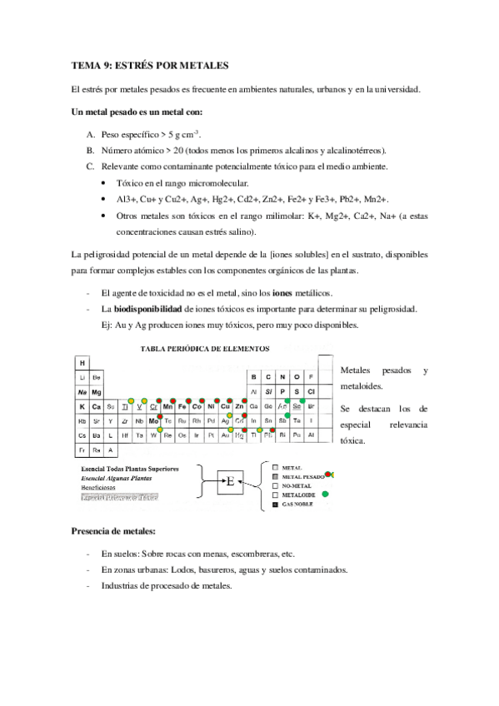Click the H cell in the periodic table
point(82,363)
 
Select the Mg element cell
point(97,391)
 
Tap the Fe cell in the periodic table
point(182,406)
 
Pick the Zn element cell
point(239,406)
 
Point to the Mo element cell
point(154,420)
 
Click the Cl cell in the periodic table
point(310,391)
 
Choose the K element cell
point(82,406)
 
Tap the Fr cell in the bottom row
point(82,450)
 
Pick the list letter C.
point(90,167)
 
